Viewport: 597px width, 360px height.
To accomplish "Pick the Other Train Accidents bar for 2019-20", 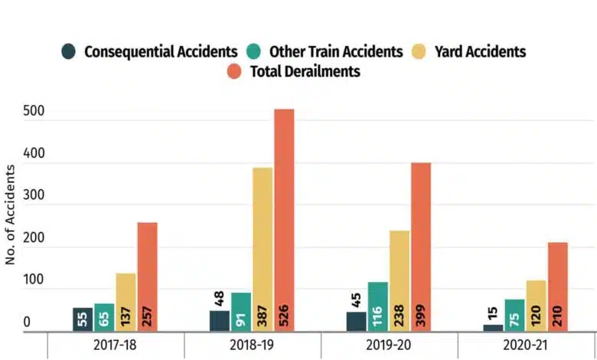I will tap(377, 307).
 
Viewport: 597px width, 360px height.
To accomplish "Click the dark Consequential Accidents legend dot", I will tap(70, 53).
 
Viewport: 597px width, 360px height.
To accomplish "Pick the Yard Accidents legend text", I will tap(479, 52).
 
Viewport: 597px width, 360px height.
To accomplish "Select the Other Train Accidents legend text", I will tap(335, 52).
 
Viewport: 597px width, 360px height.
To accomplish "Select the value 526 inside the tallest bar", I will tap(284, 317).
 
